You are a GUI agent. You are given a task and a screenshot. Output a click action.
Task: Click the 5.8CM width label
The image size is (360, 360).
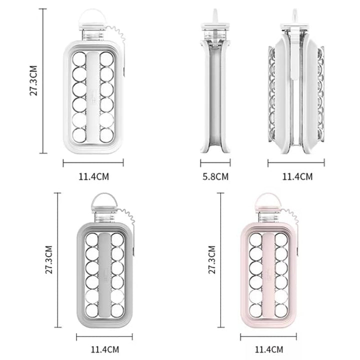(x=215, y=176)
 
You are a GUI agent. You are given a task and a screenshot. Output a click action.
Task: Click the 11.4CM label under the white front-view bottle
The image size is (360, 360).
(x=93, y=176)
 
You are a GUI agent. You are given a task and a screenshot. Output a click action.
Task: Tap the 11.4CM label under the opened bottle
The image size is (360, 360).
(x=297, y=176)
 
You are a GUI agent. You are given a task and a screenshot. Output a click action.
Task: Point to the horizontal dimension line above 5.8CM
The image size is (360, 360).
(x=215, y=162)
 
